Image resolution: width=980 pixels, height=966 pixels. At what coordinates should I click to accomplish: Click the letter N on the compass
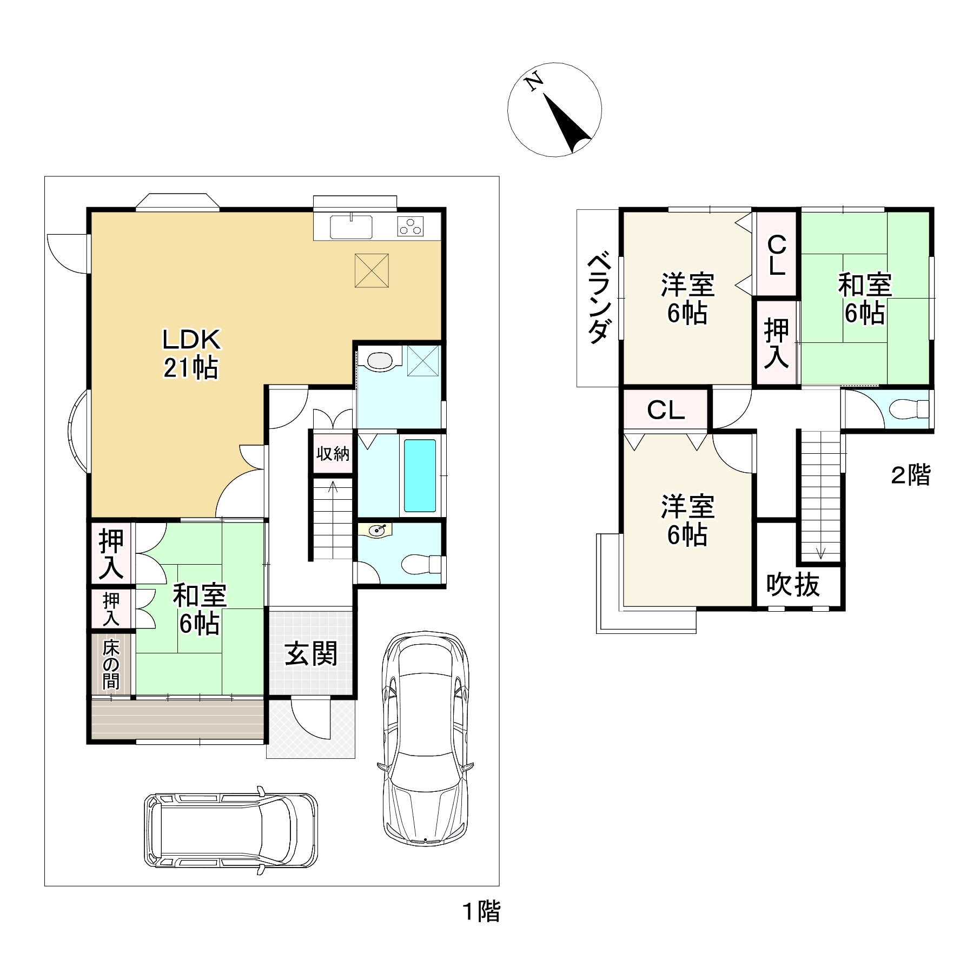[x=535, y=82]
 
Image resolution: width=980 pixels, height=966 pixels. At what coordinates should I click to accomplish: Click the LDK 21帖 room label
[x=191, y=354]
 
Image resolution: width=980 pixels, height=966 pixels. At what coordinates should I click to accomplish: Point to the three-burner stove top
[x=411, y=226]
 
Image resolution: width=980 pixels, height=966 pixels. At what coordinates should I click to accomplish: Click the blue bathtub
[x=420, y=475]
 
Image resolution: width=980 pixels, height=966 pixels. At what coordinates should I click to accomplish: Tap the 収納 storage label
[x=333, y=453]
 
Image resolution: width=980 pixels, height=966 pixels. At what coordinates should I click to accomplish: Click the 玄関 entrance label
[x=311, y=654]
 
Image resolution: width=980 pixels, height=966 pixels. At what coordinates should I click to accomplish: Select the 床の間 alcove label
[x=111, y=665]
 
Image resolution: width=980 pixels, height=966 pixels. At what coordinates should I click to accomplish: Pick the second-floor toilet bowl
[x=908, y=409]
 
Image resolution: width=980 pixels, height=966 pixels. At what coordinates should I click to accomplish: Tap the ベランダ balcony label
[x=600, y=299]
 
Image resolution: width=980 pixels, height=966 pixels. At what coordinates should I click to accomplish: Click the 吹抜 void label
[x=793, y=585]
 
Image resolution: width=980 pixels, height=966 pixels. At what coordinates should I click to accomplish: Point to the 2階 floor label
[x=911, y=475]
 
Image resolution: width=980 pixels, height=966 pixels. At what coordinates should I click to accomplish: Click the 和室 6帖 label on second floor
[x=865, y=299]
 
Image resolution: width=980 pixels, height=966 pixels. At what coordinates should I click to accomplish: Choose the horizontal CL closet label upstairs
[x=666, y=411]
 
